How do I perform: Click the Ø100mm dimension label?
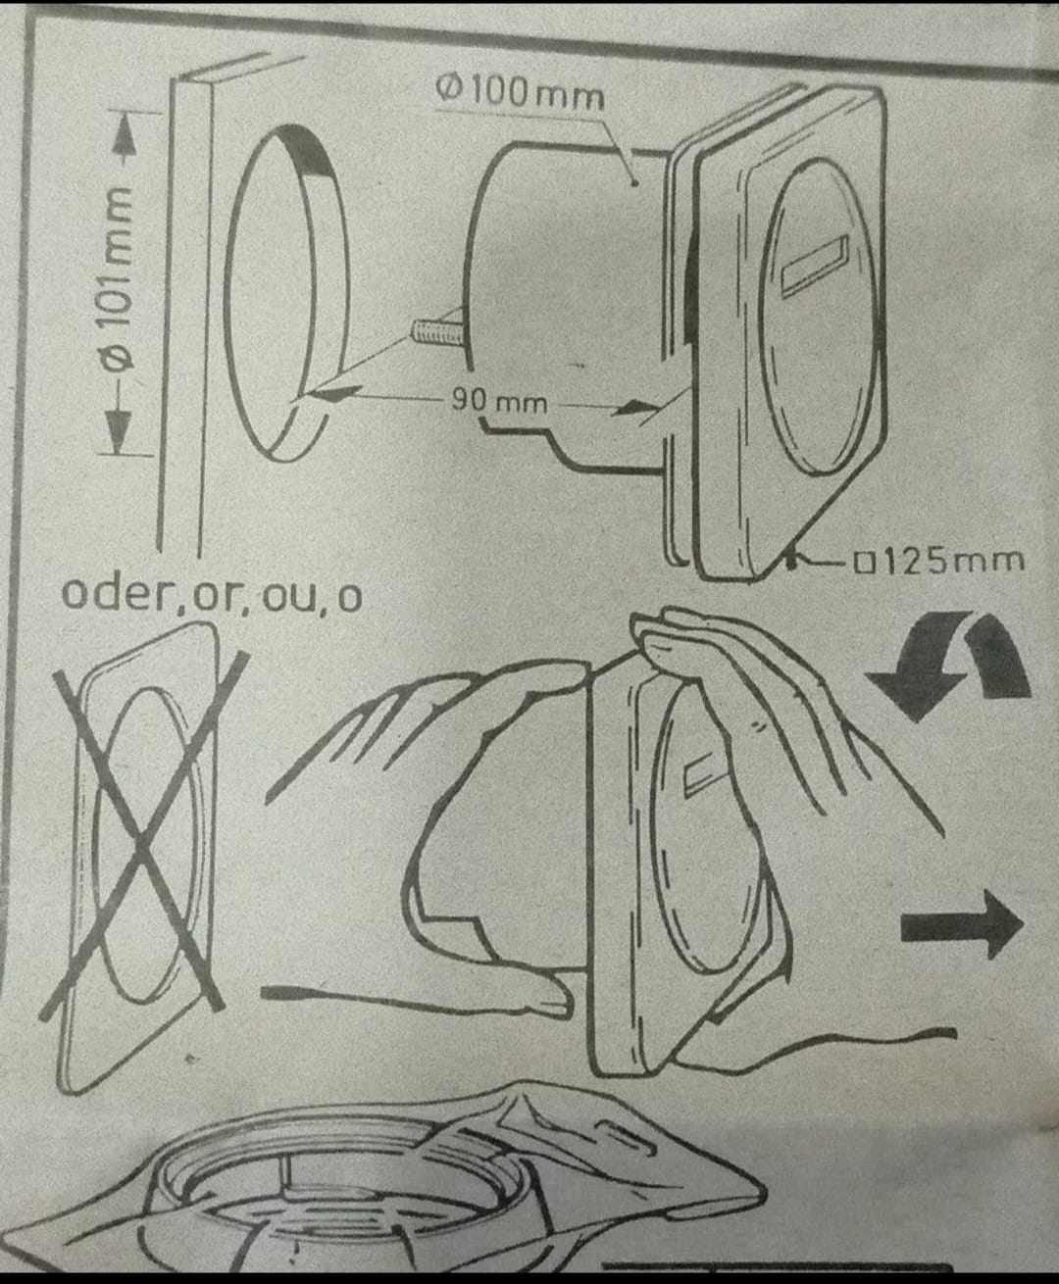point(521,93)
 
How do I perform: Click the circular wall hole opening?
point(284,294)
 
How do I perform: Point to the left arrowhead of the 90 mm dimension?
point(328,393)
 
